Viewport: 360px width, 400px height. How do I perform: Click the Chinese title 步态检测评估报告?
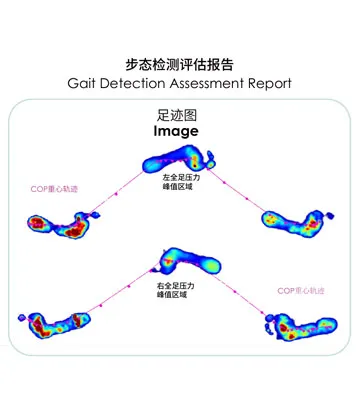click(x=180, y=62)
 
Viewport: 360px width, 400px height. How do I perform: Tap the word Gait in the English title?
click(x=86, y=82)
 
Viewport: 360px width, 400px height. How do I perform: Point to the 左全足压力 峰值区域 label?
click(x=181, y=182)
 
